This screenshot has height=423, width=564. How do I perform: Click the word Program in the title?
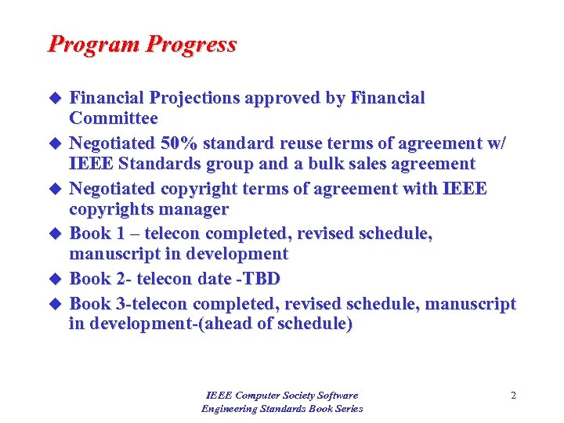pos(93,45)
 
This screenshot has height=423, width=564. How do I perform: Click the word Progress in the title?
pos(190,45)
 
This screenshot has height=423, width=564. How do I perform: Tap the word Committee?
pos(114,118)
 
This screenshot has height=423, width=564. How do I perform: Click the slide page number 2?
pos(513,396)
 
